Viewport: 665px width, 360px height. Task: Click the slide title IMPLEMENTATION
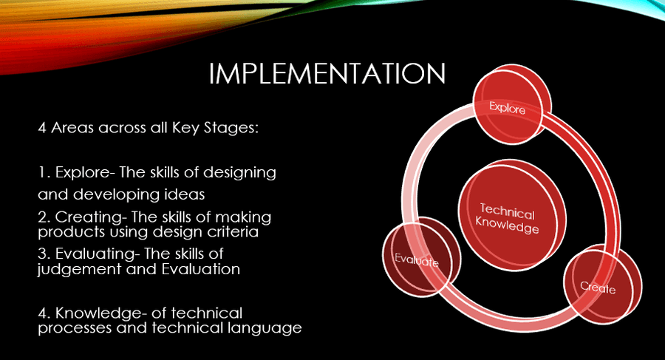point(327,73)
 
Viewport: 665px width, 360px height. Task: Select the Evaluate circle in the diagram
point(420,258)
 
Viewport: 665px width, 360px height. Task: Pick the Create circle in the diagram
point(601,285)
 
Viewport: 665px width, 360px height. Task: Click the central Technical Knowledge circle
point(511,217)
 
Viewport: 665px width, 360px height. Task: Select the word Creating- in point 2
point(91,217)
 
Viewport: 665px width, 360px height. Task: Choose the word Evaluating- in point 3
point(98,254)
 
